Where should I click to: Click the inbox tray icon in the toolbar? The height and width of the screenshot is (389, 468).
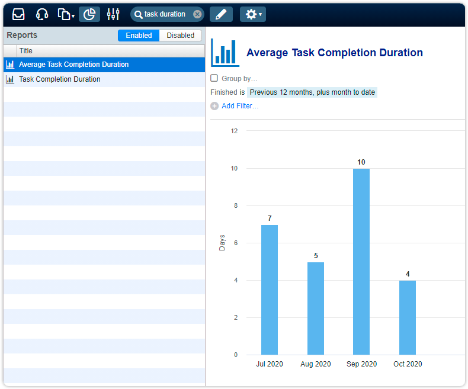18,14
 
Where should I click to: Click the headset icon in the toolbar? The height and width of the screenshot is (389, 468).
42,14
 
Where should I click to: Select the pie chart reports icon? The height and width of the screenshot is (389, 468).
89,14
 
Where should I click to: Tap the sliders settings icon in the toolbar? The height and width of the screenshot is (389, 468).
113,14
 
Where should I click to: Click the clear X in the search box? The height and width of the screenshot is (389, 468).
197,14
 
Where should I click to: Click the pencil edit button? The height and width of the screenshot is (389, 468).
221,14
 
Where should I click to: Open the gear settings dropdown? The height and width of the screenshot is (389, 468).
253,14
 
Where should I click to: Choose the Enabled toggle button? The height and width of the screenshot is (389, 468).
139,36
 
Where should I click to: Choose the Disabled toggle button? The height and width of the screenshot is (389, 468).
180,36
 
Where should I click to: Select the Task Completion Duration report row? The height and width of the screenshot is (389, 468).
59,79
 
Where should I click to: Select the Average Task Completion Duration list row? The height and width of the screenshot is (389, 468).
73,65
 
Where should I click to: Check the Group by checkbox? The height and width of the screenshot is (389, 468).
214,78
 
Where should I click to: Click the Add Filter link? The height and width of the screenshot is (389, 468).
239,106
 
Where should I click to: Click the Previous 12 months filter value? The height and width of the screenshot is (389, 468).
312,92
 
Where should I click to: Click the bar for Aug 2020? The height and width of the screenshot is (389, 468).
316,308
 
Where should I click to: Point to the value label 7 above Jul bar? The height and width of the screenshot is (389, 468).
270,218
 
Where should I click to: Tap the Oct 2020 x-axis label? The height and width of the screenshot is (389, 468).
408,364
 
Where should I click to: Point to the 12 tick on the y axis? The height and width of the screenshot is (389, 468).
234,131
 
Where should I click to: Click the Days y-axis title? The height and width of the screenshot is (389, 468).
222,243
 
